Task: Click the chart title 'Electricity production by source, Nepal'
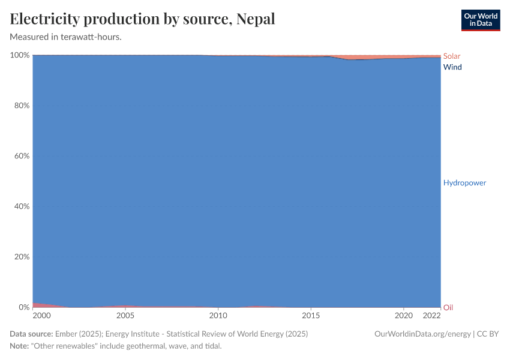[x=143, y=19]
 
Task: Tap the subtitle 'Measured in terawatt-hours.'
[x=66, y=37]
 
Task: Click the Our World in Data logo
[x=480, y=20]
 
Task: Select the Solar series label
[x=452, y=56]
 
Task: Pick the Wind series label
[x=452, y=67]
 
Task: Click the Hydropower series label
[x=464, y=182]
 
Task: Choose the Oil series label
[x=448, y=308]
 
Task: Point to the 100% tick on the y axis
[x=20, y=55]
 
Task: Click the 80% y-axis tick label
[x=22, y=106]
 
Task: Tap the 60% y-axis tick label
[x=22, y=156]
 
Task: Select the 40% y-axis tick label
[x=22, y=206]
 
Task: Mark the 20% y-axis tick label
[x=22, y=257]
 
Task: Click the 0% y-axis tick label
[x=24, y=307]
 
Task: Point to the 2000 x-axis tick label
[x=41, y=316]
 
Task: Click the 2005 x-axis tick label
[x=125, y=316]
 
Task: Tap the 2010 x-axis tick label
[x=218, y=316]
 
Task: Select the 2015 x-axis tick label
[x=311, y=316]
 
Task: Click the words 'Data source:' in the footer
[x=31, y=334]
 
